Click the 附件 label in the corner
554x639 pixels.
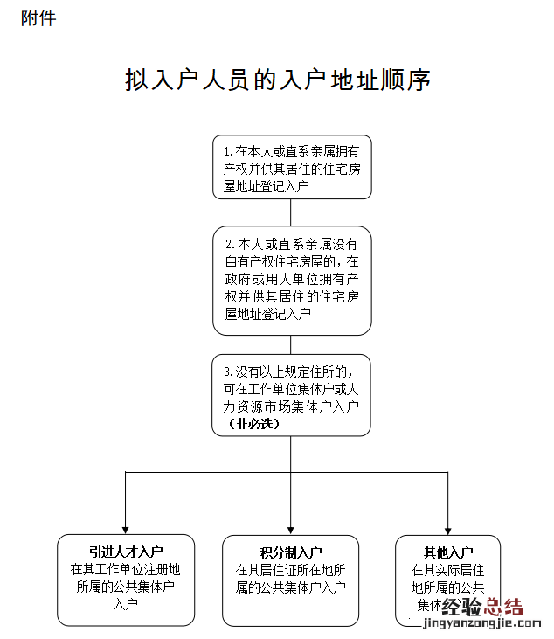point(38,17)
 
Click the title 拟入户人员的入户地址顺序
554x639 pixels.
point(277,81)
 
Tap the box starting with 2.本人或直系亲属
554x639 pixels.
point(291,280)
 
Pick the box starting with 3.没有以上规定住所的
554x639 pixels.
point(291,394)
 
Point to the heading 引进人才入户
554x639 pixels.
point(126,552)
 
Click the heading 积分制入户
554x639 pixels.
point(291,552)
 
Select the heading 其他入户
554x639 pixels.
point(448,552)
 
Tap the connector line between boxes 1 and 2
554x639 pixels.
point(291,212)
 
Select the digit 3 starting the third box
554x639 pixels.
point(227,372)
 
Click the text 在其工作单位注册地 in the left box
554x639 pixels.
point(126,569)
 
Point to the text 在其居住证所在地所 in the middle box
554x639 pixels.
point(291,569)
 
